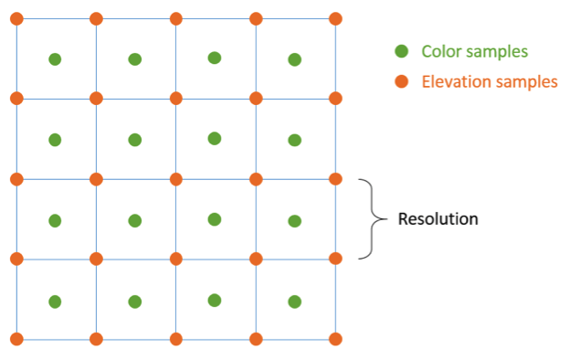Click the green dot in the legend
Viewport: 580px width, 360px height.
tap(401, 51)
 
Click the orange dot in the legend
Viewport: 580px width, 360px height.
tap(401, 82)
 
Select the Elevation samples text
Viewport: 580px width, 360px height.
tap(489, 82)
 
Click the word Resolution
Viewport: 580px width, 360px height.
tap(438, 219)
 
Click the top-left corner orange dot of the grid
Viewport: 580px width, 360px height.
tap(16, 18)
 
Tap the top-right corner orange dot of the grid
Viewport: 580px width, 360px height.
tap(335, 18)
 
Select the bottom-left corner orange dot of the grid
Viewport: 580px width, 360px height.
tap(16, 339)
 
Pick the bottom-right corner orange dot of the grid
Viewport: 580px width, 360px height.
tap(335, 339)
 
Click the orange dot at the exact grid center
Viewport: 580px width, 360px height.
tap(175, 179)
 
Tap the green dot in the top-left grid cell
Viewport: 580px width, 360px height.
tap(55, 59)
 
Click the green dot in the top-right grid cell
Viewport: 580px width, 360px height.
tap(294, 59)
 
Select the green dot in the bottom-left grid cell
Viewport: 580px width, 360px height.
tap(55, 301)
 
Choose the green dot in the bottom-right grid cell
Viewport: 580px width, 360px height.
tap(294, 301)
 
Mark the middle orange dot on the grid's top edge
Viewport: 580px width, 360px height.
tap(175, 18)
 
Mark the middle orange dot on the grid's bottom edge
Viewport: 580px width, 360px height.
tap(175, 339)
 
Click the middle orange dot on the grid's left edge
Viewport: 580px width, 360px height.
tap(16, 179)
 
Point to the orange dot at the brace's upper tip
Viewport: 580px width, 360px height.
tap(335, 179)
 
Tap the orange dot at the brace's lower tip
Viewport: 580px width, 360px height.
tap(335, 259)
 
